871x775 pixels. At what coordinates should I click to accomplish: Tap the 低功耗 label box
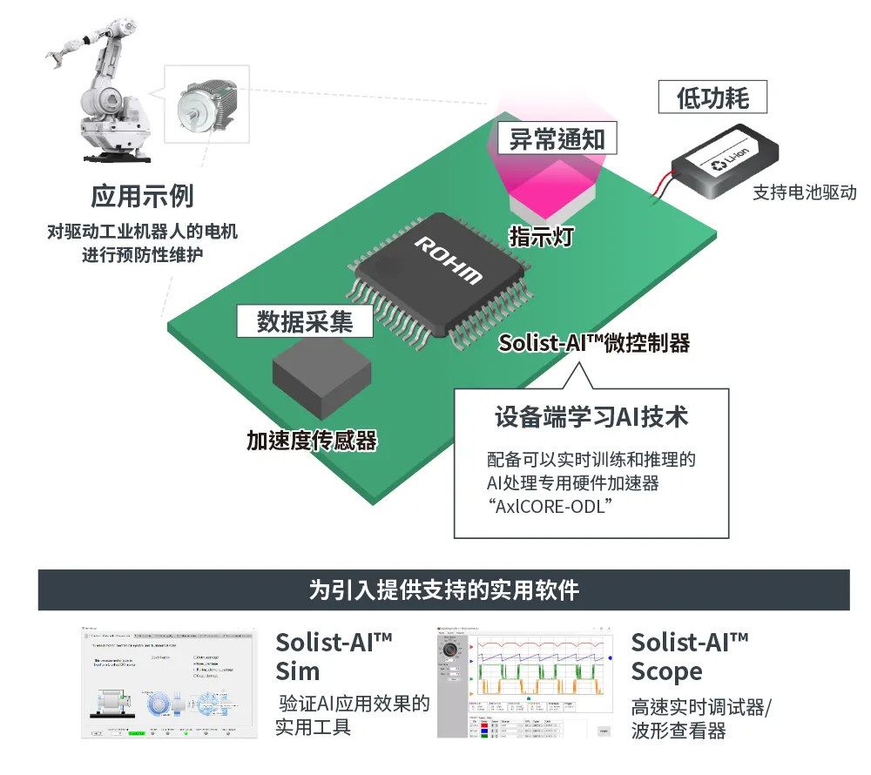pyautogui.click(x=712, y=98)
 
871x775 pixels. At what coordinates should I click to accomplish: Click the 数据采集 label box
pyautogui.click(x=305, y=321)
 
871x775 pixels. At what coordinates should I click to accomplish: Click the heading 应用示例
pyautogui.click(x=142, y=196)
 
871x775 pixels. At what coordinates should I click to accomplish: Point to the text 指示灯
pyautogui.click(x=541, y=235)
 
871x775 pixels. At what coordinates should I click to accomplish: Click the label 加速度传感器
pyautogui.click(x=312, y=441)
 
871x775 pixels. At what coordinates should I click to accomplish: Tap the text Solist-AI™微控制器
pyautogui.click(x=594, y=343)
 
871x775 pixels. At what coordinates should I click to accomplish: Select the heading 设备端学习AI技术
pyautogui.click(x=591, y=416)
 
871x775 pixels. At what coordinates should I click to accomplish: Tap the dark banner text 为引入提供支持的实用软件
pyautogui.click(x=443, y=590)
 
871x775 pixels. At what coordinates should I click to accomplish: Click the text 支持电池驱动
pyautogui.click(x=805, y=192)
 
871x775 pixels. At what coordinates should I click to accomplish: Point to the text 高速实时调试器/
pyautogui.click(x=701, y=707)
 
